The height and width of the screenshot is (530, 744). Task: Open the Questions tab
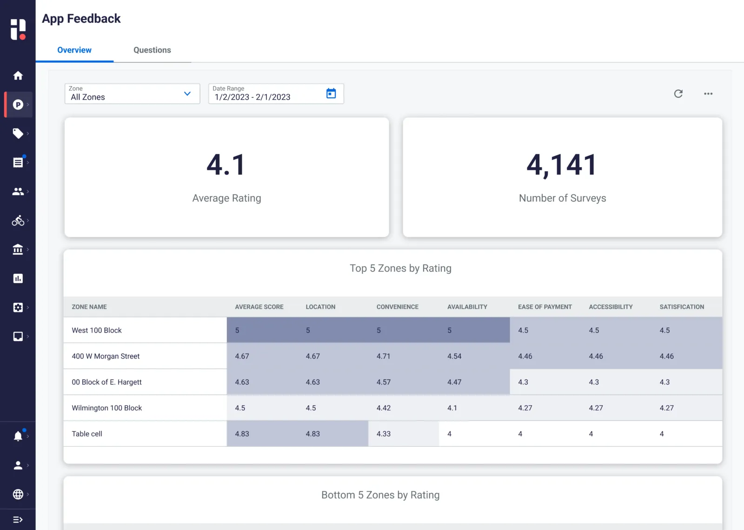point(152,50)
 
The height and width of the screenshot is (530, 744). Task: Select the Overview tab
point(74,50)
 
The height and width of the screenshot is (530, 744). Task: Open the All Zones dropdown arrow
point(187,94)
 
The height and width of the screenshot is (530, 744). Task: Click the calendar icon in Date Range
point(331,94)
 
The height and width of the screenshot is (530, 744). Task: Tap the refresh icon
point(678,94)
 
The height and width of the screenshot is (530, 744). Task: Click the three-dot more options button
point(708,94)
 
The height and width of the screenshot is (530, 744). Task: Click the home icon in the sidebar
point(18,75)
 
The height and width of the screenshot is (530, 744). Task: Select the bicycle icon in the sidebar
point(18,220)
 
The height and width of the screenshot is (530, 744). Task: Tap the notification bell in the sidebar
point(18,436)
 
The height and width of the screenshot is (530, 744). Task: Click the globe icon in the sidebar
point(18,494)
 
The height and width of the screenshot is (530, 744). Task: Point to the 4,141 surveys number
point(562,165)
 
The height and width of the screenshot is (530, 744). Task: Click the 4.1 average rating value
point(226,165)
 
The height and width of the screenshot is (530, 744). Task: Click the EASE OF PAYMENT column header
point(545,307)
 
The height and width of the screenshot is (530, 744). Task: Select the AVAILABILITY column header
point(467,307)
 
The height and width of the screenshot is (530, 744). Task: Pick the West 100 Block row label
point(97,330)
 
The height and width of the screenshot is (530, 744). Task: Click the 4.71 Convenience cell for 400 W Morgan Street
point(384,356)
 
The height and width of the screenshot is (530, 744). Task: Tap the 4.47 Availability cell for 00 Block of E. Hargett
point(454,382)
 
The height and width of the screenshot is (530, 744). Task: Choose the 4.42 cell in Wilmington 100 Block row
point(384,408)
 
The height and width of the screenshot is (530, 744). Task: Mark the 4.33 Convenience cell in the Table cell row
point(384,434)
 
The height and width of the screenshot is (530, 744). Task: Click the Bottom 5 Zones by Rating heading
point(380,495)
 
